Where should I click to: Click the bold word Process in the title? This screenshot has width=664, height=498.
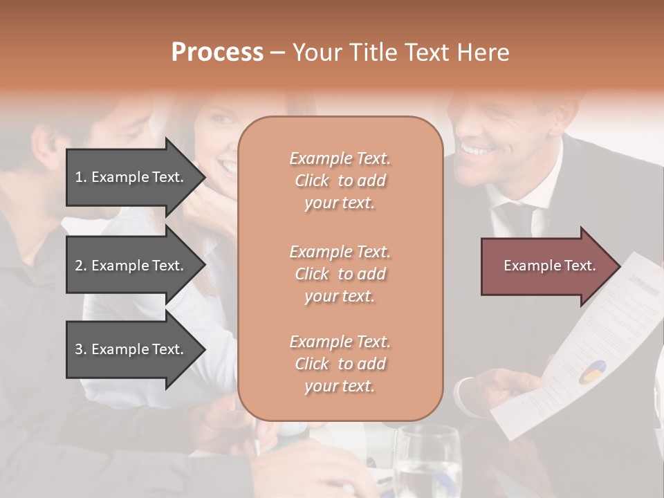pos(217,53)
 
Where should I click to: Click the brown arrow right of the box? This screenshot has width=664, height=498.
pos(546,266)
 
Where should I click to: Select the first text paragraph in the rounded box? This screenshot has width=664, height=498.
pos(340,181)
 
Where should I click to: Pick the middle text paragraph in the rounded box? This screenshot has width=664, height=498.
pos(340,273)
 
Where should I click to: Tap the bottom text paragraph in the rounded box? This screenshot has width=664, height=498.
pos(340,364)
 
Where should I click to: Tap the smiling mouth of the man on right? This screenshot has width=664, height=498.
pos(477,149)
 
